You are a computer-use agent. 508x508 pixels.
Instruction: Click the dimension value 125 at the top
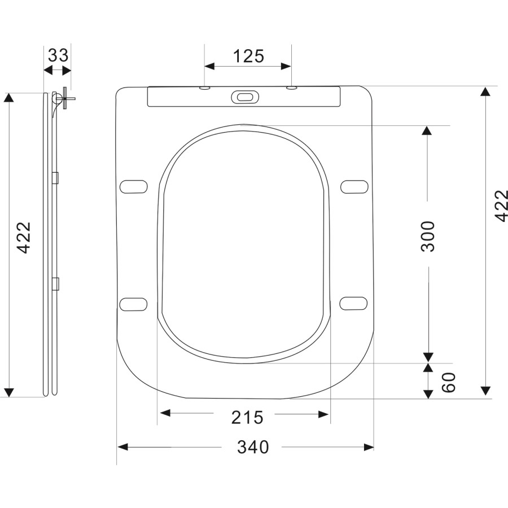(248, 56)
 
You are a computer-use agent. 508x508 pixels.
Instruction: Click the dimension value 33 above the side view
(58, 55)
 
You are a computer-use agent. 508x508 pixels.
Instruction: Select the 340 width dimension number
(252, 447)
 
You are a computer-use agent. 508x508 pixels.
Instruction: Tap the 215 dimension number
(247, 418)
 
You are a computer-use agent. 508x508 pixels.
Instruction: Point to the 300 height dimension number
(428, 236)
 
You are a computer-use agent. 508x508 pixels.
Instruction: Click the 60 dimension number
(448, 383)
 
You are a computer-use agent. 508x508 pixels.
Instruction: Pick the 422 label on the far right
(501, 206)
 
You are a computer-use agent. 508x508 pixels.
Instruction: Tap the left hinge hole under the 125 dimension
(204, 88)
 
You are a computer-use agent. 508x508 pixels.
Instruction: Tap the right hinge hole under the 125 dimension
(291, 88)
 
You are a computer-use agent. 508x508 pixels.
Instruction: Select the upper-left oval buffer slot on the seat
(134, 186)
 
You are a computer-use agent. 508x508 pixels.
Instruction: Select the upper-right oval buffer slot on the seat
(354, 186)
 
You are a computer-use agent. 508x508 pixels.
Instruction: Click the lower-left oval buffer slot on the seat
(134, 304)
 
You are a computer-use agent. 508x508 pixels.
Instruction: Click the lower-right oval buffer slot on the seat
(354, 303)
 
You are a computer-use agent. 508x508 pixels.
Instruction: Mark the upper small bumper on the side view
(55, 178)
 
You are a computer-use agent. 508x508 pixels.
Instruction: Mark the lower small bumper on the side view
(55, 283)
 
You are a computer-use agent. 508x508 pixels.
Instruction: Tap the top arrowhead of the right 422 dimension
(485, 92)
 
